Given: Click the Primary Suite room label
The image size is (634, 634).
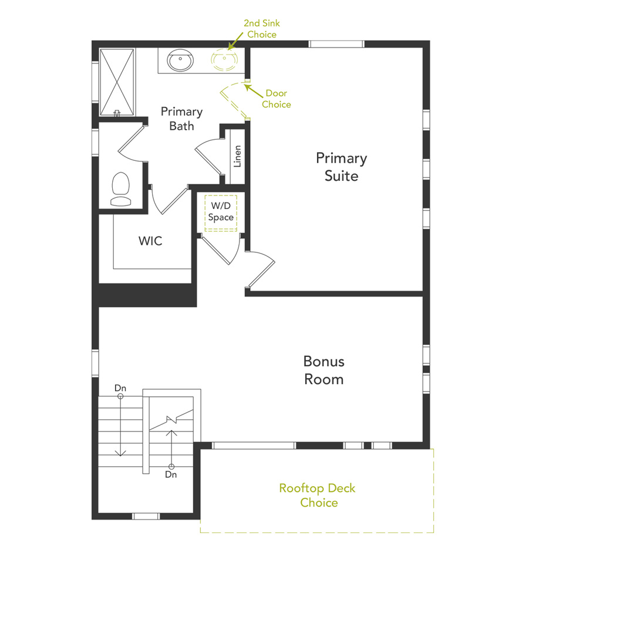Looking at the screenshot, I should pyautogui.click(x=341, y=167).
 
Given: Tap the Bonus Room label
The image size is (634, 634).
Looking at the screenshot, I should pyautogui.click(x=323, y=370).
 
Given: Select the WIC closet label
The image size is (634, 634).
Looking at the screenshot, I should pyautogui.click(x=150, y=241).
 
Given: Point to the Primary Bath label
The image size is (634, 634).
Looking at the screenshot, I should pyautogui.click(x=181, y=118).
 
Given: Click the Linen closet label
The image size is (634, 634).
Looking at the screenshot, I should pyautogui.click(x=237, y=156).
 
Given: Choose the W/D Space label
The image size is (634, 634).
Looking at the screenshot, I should pyautogui.click(x=221, y=212).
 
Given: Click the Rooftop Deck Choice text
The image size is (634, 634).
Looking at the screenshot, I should pyautogui.click(x=317, y=495).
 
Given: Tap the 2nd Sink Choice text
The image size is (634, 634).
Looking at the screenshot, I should pyautogui.click(x=261, y=29).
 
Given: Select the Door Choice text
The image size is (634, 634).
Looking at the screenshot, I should pyautogui.click(x=276, y=99).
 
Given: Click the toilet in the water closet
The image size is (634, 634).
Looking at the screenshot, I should pyautogui.click(x=121, y=188).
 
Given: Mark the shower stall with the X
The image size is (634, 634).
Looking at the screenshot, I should pyautogui.click(x=117, y=82).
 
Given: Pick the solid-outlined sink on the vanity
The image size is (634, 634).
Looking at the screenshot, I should pyautogui.click(x=180, y=59).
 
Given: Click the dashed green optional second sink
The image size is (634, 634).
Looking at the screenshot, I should pyautogui.click(x=225, y=59).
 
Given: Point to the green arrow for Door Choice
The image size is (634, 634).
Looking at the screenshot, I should pyautogui.click(x=253, y=90).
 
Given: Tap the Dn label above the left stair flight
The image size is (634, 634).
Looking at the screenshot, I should pyautogui.click(x=120, y=388).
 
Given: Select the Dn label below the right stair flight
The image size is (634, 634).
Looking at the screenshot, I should pyautogui.click(x=171, y=474).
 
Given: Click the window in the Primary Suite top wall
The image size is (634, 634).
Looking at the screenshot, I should pyautogui.click(x=336, y=44).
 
